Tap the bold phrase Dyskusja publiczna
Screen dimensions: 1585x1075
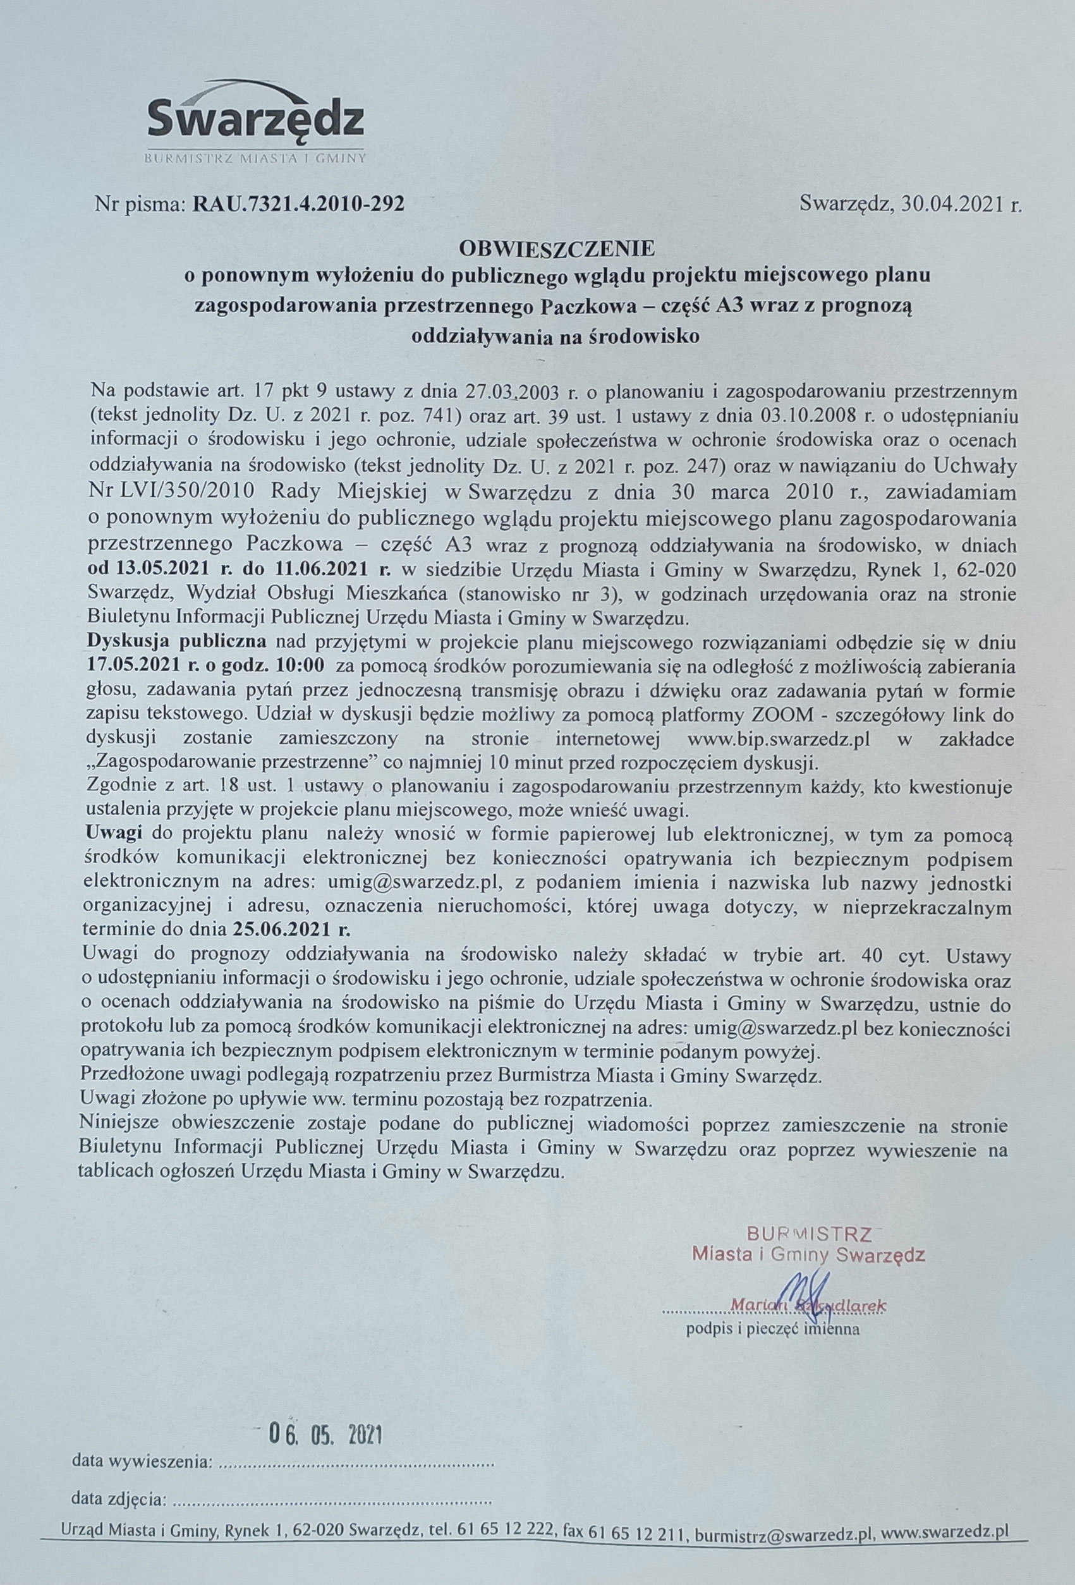[178, 642]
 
